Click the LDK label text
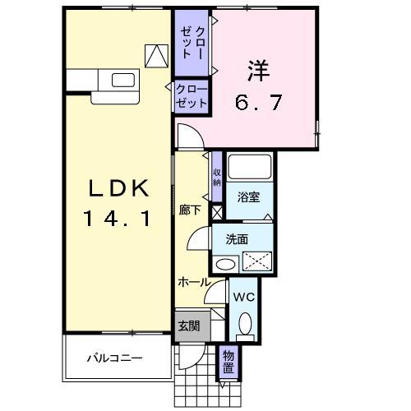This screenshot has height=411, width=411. [x=119, y=189]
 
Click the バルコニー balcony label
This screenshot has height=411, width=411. [x=116, y=358]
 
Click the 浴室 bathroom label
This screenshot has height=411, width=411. [x=249, y=196]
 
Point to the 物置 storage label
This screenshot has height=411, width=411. [x=228, y=363]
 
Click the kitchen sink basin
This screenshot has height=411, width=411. [x=122, y=80]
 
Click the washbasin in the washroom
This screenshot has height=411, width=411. [x=224, y=264]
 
